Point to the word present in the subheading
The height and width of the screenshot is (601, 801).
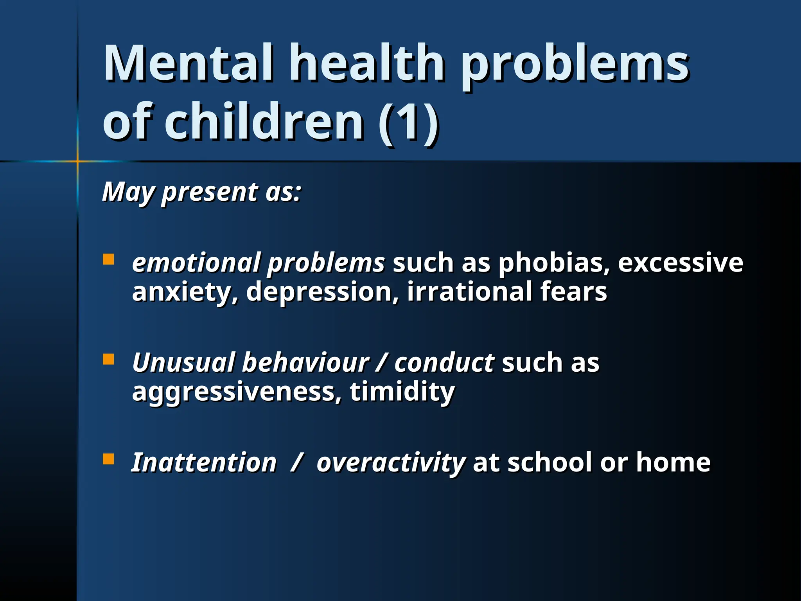click(209, 193)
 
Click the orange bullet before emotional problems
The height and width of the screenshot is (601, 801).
click(108, 259)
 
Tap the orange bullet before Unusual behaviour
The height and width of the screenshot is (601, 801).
click(108, 359)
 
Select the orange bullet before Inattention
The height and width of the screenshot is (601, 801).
click(108, 459)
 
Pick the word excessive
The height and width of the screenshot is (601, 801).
click(680, 263)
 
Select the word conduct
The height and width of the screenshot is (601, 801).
click(444, 363)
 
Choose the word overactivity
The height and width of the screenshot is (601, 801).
click(390, 463)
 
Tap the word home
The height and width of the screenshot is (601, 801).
click(673, 463)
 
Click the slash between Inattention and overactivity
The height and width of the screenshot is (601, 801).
click(296, 463)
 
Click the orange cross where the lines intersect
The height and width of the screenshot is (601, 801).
click(77, 161)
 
